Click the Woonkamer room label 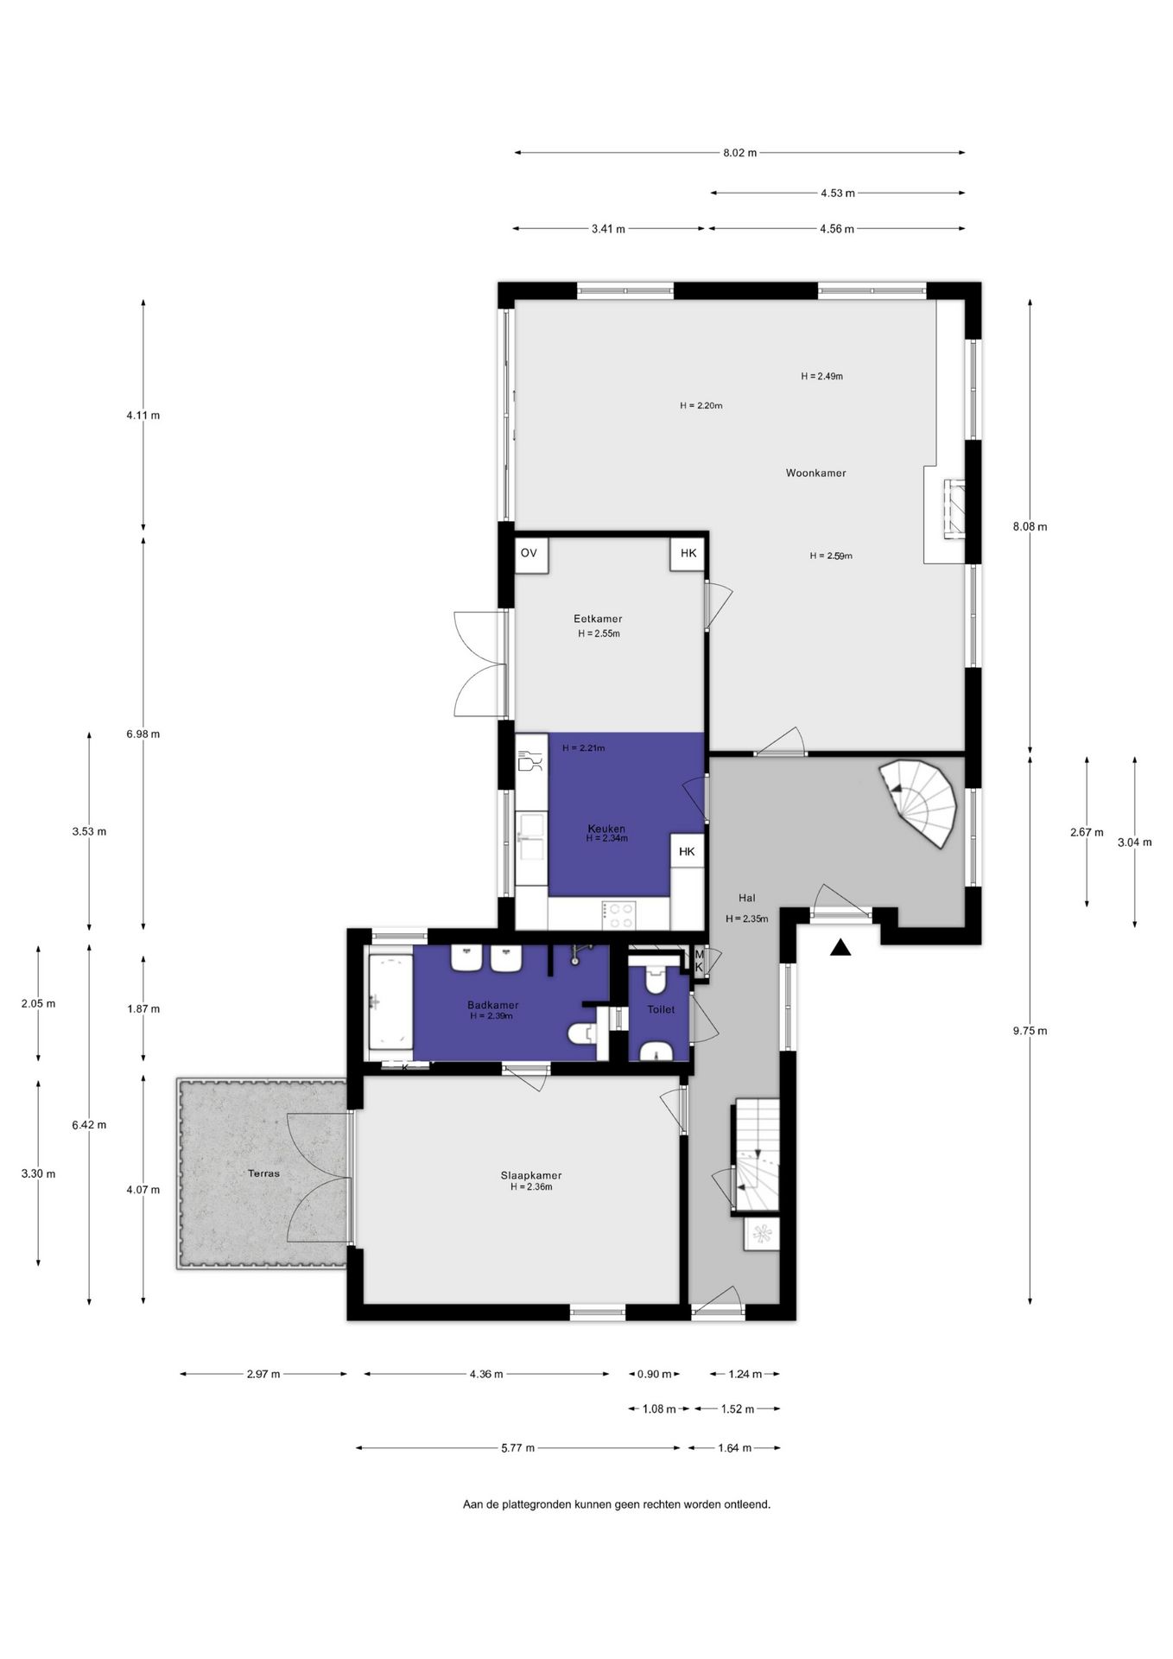coord(815,473)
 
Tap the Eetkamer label coord(598,619)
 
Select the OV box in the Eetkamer coord(529,553)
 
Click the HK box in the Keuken coord(687,851)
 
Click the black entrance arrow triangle coord(840,949)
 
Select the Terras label coord(263,1173)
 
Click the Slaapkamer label coord(531,1175)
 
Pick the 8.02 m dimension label coord(739,153)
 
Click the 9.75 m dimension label coord(1030,1031)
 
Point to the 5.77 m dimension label coord(517,1448)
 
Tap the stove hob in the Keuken coord(619,914)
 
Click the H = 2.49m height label coord(821,376)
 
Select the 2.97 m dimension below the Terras coord(263,1374)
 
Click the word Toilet coord(661,1009)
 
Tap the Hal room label coord(746,898)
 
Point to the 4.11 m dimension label coord(143,415)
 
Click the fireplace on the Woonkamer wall coord(952,509)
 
